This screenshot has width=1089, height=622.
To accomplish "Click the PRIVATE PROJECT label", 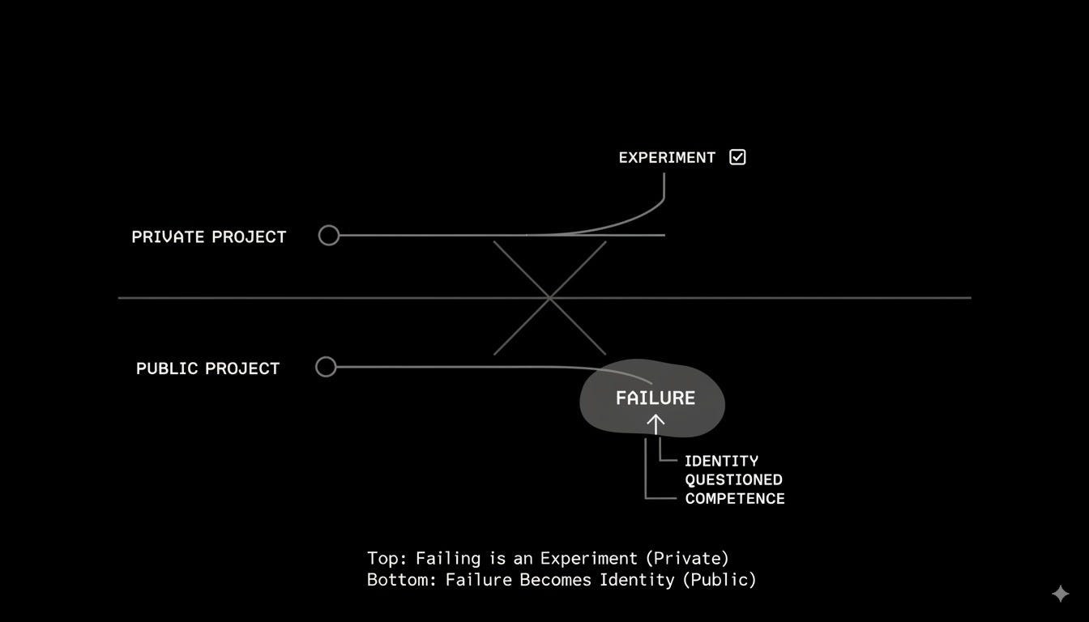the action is [x=209, y=236].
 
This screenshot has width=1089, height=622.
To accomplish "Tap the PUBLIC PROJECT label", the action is [x=208, y=369].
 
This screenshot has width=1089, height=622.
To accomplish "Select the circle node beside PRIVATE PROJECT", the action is [x=329, y=235].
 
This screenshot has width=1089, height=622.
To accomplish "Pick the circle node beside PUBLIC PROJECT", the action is [x=326, y=367].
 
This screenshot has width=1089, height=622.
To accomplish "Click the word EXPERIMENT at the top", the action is [x=667, y=157].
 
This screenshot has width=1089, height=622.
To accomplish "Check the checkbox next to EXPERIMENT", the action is [x=737, y=157].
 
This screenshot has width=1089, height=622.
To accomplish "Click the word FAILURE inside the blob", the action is [x=656, y=398].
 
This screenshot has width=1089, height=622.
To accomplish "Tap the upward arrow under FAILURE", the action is [x=656, y=424].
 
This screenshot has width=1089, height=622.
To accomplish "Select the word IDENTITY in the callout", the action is [x=721, y=461].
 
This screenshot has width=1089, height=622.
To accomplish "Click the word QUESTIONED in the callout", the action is [x=733, y=479].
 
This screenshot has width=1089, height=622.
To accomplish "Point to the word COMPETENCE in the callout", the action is [x=735, y=499].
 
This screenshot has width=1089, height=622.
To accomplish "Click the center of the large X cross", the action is [x=549, y=298].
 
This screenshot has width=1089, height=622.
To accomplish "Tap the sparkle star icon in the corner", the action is [x=1061, y=594].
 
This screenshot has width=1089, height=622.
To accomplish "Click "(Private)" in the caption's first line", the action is [x=687, y=558].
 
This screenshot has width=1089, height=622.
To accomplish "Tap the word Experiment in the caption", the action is [x=589, y=559].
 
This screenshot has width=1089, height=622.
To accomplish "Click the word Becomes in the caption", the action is [x=555, y=580].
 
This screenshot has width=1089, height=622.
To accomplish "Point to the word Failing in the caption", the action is [x=448, y=559].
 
